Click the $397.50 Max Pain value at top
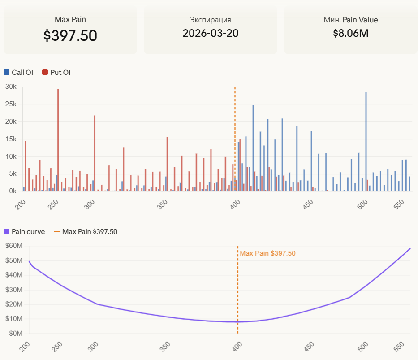70,36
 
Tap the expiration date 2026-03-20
211,33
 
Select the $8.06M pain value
351,33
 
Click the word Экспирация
211,20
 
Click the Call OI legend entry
18,72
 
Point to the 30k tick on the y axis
11,87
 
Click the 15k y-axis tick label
11,139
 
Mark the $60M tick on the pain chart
13,246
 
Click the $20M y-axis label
13,304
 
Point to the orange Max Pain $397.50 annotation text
267,253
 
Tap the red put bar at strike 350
167,164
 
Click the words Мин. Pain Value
351,20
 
